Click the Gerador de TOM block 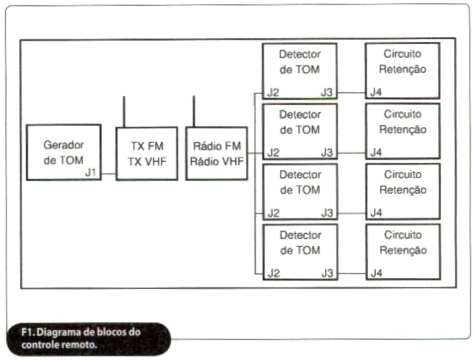point(64,152)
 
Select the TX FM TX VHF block point(147,153)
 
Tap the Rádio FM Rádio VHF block point(216,153)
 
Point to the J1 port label point(90,172)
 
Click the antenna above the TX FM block point(124,112)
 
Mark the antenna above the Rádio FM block point(194,112)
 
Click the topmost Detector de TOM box point(300,71)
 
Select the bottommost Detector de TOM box point(300,252)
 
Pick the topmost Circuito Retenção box point(403,71)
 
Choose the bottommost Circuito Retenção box point(403,252)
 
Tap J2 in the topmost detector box point(273,92)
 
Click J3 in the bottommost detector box point(327,273)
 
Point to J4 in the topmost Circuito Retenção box point(376,92)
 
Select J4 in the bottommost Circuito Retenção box point(377,273)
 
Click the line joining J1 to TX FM point(109,174)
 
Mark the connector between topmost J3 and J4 point(351,93)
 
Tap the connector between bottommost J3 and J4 point(352,274)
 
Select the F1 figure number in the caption point(28,332)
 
